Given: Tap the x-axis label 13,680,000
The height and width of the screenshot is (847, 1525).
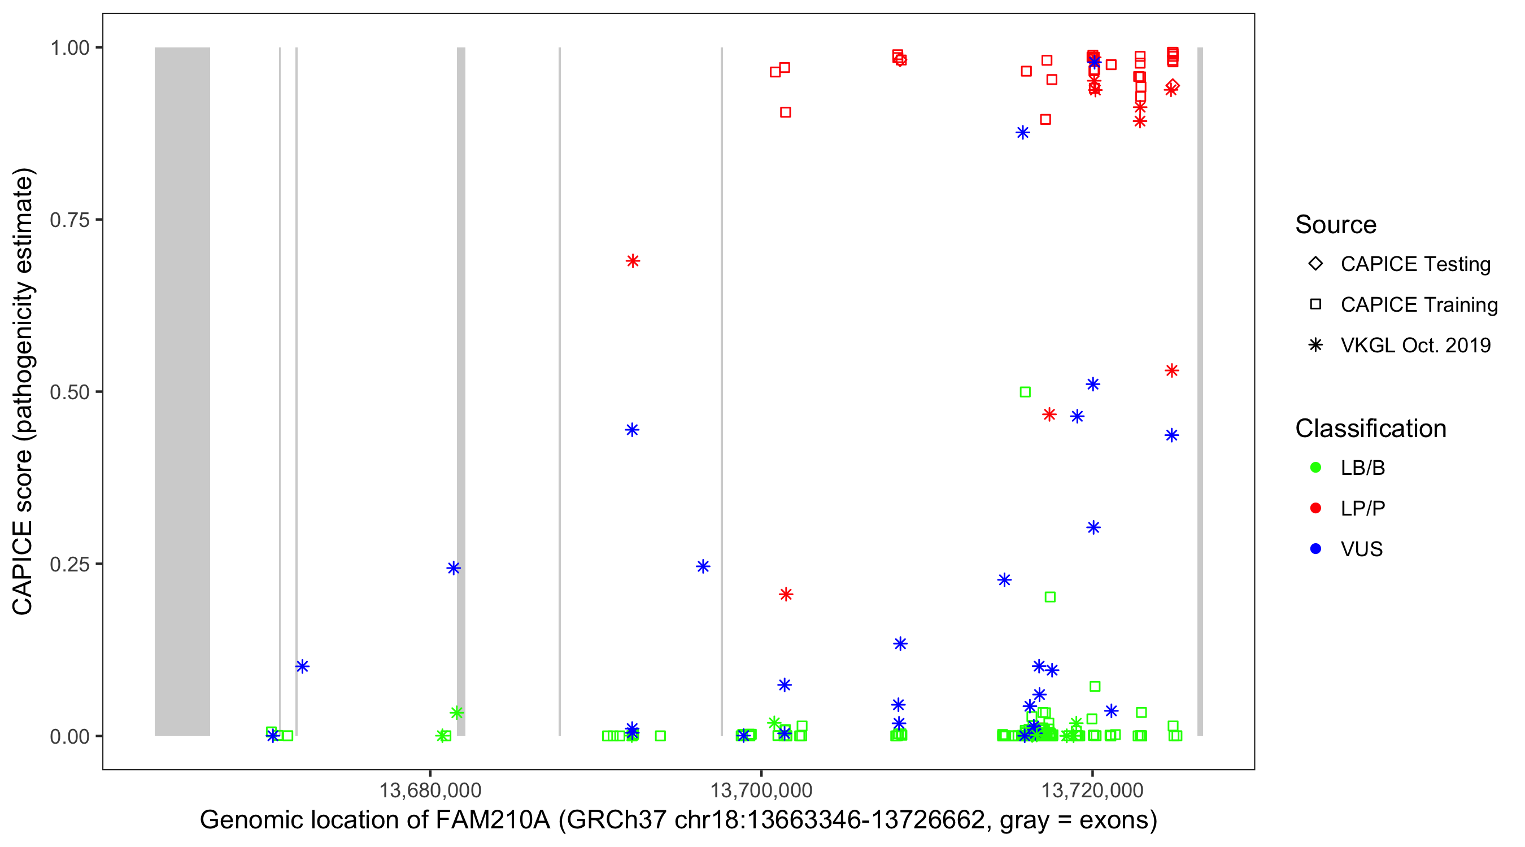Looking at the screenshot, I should tap(430, 790).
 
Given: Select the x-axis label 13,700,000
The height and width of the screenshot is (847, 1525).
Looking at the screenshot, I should tap(761, 790).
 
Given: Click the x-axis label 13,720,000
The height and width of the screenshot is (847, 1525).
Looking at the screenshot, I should tap(1092, 790).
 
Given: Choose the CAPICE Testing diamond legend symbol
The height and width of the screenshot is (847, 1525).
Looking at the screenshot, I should tap(1315, 263).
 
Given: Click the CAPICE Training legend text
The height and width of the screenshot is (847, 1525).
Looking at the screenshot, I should tap(1418, 305).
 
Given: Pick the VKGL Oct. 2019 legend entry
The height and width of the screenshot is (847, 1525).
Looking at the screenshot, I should tap(1415, 345).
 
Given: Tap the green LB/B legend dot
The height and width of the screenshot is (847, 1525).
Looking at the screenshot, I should tap(1315, 468).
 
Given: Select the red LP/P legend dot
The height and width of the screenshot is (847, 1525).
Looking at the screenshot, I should tap(1315, 508).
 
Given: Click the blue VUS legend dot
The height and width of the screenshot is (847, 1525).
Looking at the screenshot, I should tap(1315, 549).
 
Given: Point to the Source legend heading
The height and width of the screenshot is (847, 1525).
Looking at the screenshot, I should tap(1336, 225).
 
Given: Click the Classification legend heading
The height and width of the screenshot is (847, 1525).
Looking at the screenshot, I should tap(1370, 429).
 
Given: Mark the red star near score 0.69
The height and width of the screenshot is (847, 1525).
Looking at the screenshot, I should tap(632, 261).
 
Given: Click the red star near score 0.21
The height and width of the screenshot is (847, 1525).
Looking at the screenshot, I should tap(786, 594).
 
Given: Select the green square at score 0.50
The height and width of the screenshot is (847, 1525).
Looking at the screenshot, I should tap(1025, 392).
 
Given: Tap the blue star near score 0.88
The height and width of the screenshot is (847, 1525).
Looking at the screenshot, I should tap(1022, 133).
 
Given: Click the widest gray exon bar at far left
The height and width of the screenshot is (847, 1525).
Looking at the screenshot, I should tap(182, 391).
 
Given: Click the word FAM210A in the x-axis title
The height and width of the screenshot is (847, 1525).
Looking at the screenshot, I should tap(493, 820).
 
